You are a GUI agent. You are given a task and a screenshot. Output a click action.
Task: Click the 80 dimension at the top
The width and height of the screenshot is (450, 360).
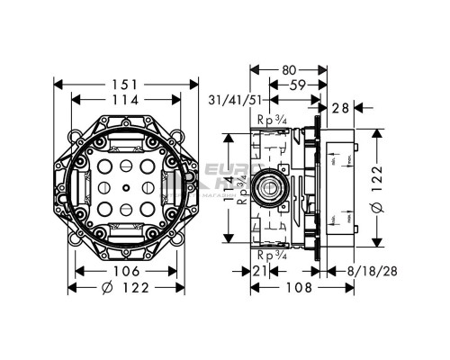click(x=288, y=68)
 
